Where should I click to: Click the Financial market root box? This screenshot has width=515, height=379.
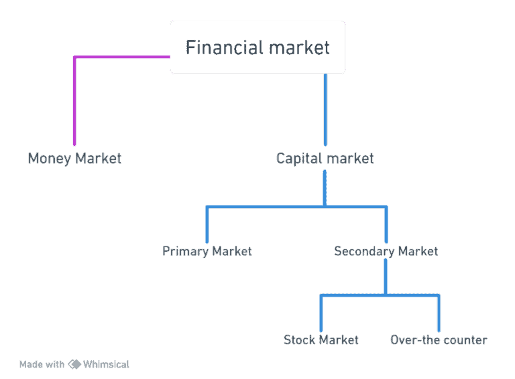(257, 47)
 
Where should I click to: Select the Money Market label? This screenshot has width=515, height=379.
(74, 159)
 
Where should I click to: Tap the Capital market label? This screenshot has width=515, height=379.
(325, 159)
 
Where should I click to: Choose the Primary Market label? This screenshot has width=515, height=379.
(207, 251)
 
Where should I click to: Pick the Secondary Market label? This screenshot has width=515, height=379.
(386, 251)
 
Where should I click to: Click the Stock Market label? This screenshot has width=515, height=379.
(321, 340)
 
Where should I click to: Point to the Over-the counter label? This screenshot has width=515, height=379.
(439, 340)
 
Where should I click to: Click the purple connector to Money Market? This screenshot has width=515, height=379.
(74, 100)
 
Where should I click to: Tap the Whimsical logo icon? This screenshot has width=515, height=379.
(74, 364)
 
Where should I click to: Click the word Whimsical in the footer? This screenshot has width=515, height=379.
(106, 364)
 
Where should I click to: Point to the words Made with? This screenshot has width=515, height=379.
(42, 364)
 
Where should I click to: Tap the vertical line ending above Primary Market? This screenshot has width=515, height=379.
(207, 224)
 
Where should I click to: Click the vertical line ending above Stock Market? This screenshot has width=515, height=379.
(321, 313)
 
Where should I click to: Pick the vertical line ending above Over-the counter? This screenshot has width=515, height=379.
(439, 313)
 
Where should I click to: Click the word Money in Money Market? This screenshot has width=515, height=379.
(50, 159)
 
